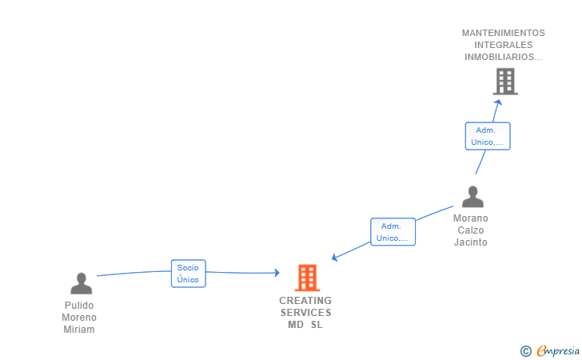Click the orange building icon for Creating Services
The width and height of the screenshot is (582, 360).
pyautogui.click(x=307, y=278)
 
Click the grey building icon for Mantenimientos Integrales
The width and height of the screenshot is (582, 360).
pyautogui.click(x=504, y=82)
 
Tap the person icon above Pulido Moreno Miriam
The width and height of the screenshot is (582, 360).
pyautogui.click(x=81, y=284)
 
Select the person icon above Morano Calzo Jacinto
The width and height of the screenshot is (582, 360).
pyautogui.click(x=472, y=197)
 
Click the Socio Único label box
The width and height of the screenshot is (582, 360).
pyautogui.click(x=188, y=274)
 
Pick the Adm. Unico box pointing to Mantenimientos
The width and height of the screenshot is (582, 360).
pyautogui.click(x=487, y=136)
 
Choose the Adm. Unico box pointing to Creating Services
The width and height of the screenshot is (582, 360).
pyautogui.click(x=393, y=232)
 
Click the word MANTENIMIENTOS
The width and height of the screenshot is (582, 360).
pyautogui.click(x=503, y=33)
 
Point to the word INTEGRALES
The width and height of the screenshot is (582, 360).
pyautogui.click(x=503, y=45)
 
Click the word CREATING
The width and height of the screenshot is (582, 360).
pyautogui.click(x=305, y=301)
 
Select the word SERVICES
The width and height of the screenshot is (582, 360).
pyautogui.click(x=305, y=313)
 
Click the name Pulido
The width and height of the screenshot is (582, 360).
pyautogui.click(x=79, y=306)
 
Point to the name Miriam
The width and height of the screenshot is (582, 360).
pyautogui.click(x=79, y=330)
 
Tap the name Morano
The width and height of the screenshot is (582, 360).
pyautogui.click(x=470, y=218)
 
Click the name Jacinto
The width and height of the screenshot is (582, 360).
pyautogui.click(x=470, y=242)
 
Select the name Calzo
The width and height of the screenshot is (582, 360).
pyautogui.click(x=470, y=230)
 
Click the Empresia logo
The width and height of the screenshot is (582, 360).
pyautogui.click(x=558, y=350)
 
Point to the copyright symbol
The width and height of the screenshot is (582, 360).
pyautogui.click(x=525, y=351)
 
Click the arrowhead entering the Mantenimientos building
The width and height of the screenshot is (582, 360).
pyautogui.click(x=497, y=102)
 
